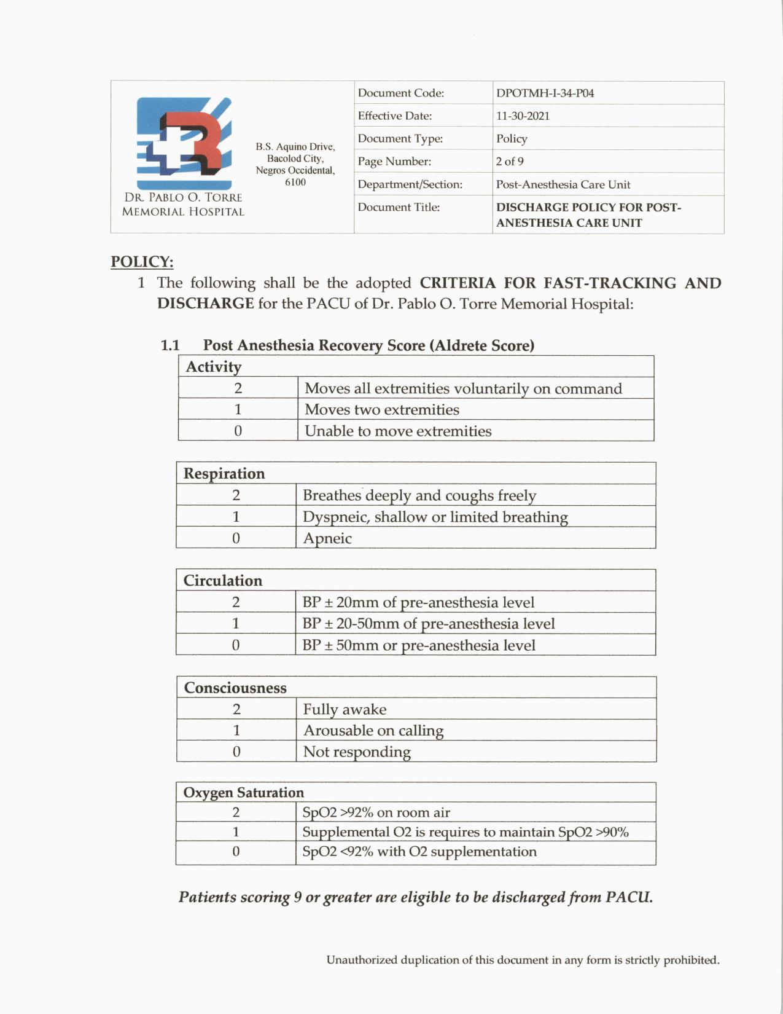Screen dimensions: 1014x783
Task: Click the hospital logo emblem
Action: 184,143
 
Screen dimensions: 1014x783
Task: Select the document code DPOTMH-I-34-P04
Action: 545,93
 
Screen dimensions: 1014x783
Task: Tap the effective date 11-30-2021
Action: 523,116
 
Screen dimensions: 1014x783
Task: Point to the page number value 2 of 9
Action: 510,162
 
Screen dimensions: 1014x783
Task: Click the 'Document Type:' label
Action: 400,139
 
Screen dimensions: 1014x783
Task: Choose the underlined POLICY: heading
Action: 142,262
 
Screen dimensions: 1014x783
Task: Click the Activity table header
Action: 214,367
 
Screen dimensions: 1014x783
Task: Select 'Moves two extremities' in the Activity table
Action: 381,410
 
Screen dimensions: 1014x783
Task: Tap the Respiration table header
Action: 224,474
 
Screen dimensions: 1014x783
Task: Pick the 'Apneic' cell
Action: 327,538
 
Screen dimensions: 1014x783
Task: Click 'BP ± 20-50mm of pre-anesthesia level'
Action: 429,624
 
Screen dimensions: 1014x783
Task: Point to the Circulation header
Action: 223,581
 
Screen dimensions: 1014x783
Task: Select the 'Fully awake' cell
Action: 345,710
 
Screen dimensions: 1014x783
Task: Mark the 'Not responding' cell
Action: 357,752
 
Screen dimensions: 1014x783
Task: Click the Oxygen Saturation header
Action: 244,793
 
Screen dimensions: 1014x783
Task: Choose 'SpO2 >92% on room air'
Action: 376,812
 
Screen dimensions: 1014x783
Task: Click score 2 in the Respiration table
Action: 236,495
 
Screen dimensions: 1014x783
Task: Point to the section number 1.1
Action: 170,345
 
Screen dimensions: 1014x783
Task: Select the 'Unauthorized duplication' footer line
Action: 523,960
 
